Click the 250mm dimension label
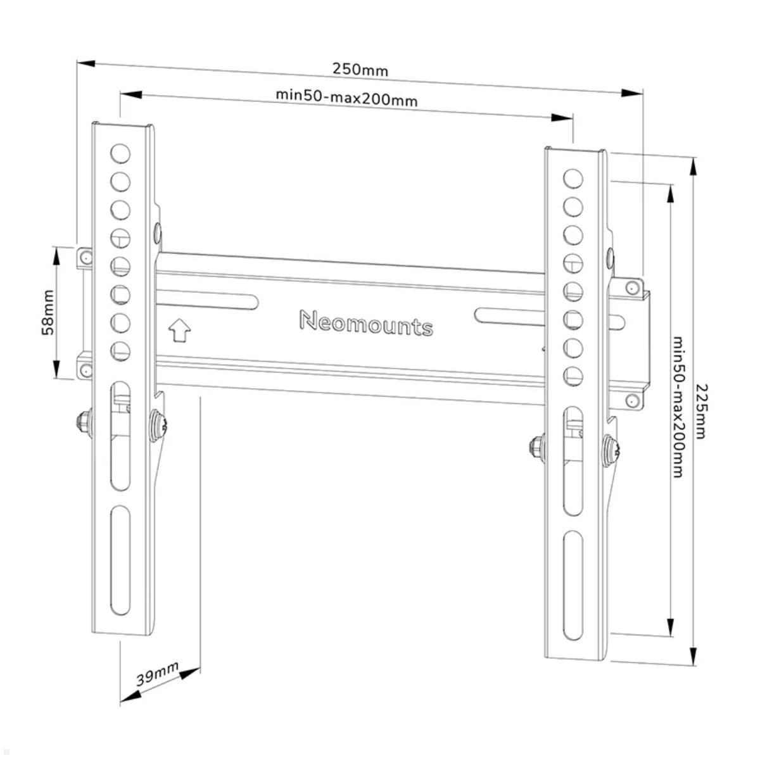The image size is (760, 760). point(360,70)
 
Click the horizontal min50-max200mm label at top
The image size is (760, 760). point(346,98)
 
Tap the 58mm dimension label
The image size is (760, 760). point(47,312)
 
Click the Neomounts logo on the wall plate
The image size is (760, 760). point(366,324)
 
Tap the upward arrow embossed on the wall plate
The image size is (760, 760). point(179,330)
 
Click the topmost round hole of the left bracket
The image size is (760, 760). point(120,153)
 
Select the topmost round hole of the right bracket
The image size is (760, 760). point(573,179)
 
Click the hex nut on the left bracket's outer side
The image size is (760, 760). point(84,422)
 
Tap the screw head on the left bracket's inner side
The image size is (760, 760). point(158,426)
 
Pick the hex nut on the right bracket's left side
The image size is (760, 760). point(537,448)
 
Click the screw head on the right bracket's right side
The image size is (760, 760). point(611,451)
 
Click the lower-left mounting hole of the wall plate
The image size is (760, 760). point(85,370)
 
